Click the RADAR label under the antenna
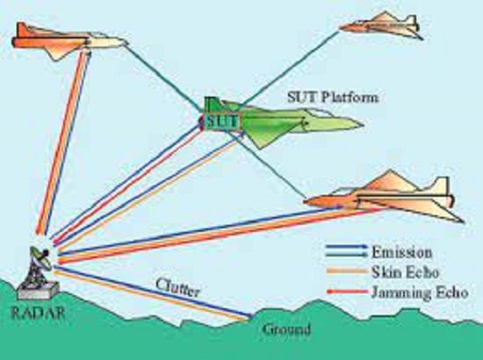[x=38, y=313]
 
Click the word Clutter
[x=177, y=288]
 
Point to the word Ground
[x=286, y=329]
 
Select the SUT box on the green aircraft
[x=223, y=122]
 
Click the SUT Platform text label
[x=332, y=97]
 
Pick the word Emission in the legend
[x=401, y=253]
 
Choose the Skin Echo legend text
[x=405, y=272]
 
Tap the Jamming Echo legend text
[x=420, y=292]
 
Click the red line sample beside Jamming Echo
[x=347, y=292]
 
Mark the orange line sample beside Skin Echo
[x=347, y=271]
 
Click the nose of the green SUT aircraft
[x=362, y=125]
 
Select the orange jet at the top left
[x=69, y=41]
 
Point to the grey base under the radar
[x=39, y=291]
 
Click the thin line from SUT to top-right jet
[x=290, y=68]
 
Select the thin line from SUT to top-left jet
[x=164, y=77]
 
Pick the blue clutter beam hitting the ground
[x=153, y=292]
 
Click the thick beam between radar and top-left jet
[x=64, y=142]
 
